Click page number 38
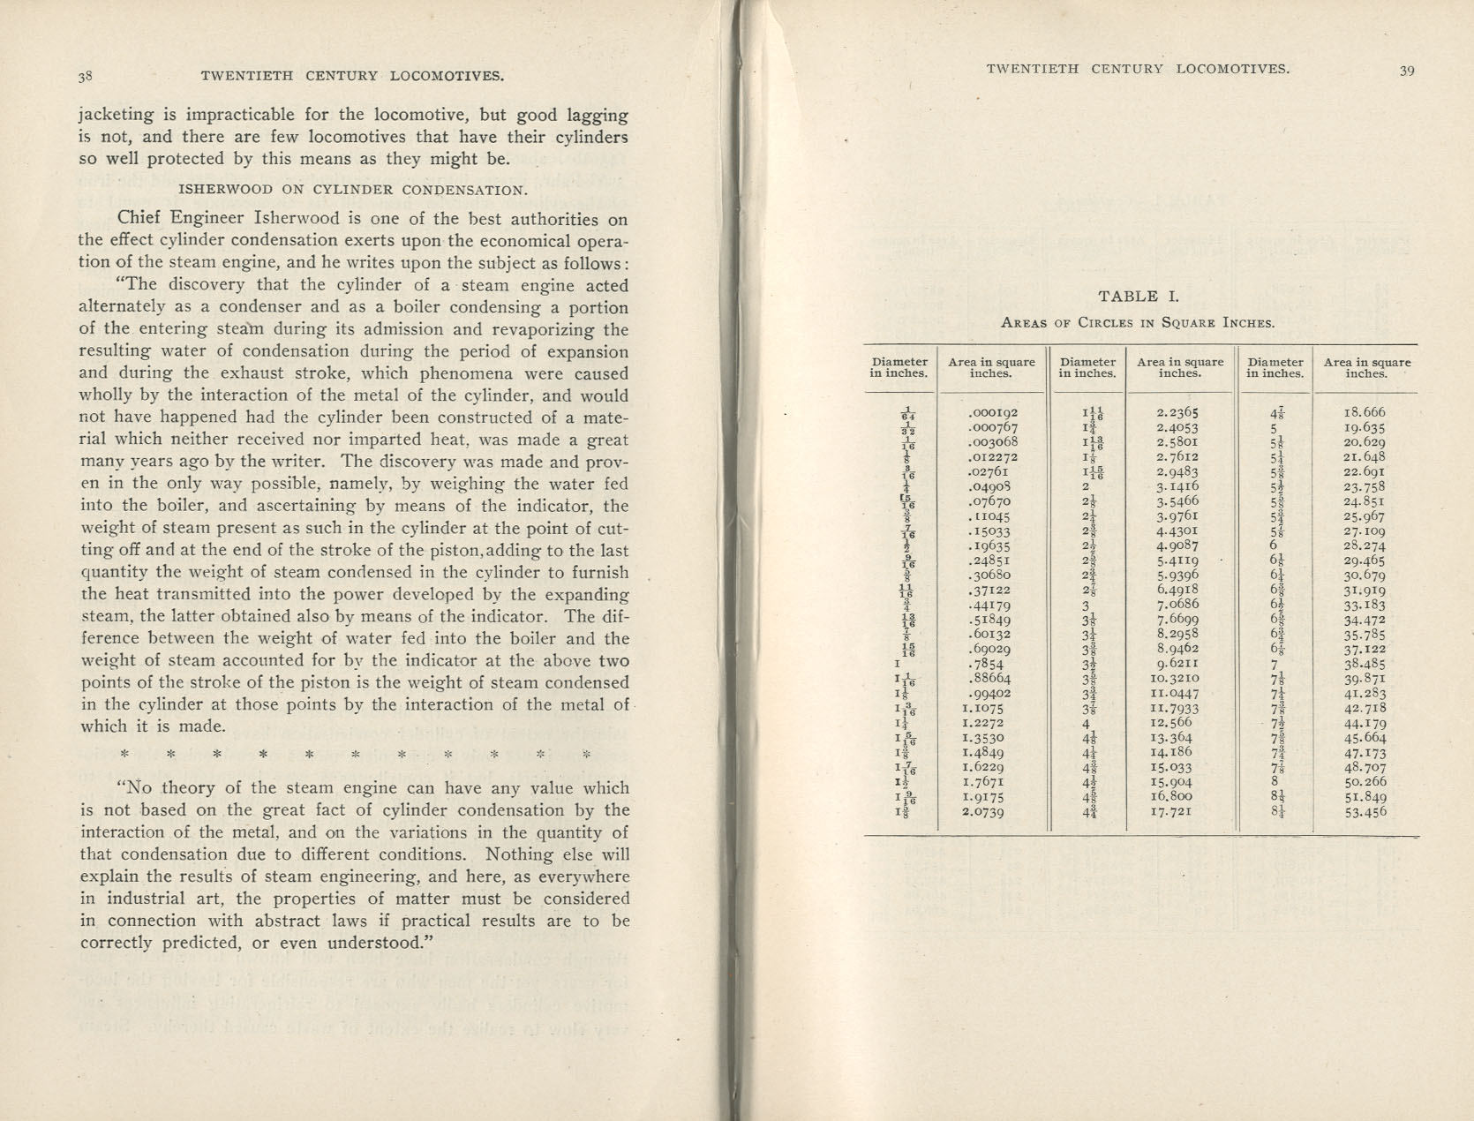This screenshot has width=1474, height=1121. [86, 76]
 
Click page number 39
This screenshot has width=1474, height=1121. [1407, 71]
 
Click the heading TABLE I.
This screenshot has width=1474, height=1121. [1139, 297]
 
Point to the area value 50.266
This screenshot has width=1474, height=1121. [1365, 782]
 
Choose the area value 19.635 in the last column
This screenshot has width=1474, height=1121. [1365, 427]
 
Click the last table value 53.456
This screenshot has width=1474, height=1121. [1365, 812]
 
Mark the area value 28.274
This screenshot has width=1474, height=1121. [1365, 545]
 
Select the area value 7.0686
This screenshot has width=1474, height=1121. [1177, 605]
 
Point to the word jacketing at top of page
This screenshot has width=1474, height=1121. [116, 116]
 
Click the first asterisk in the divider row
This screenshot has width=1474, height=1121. [124, 755]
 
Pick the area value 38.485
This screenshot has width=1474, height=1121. [1365, 664]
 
